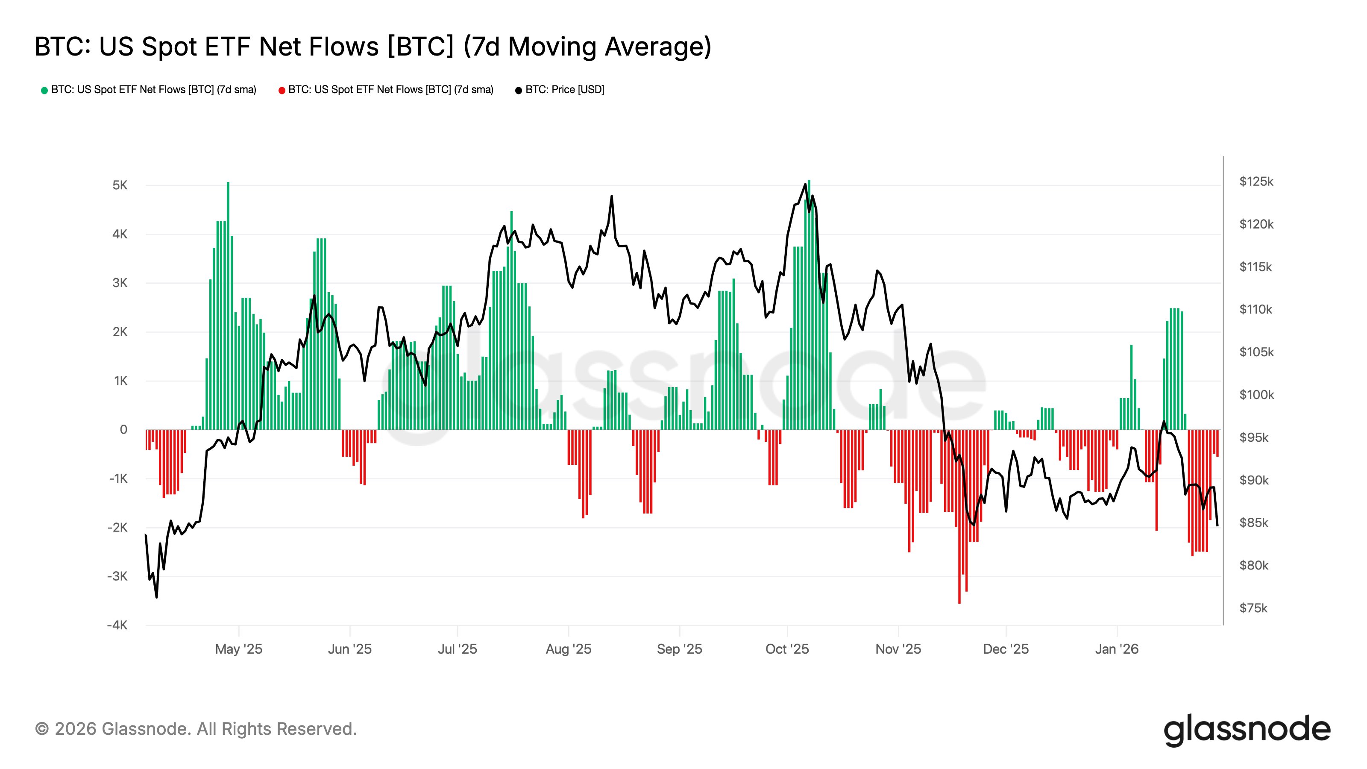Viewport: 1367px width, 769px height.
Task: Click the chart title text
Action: coord(373,47)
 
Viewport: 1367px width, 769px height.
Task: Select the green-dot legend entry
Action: coord(149,90)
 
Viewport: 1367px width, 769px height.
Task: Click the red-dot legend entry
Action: coord(386,90)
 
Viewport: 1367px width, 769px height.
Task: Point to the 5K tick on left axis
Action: coord(120,185)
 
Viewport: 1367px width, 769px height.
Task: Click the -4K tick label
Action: coord(117,625)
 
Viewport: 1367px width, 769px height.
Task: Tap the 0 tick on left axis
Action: coord(123,429)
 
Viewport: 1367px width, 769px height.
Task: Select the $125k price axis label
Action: coord(1256,182)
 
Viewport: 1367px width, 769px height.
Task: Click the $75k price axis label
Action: coord(1253,608)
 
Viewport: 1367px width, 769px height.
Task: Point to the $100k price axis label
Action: coord(1256,394)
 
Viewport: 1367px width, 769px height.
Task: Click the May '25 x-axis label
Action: coord(238,649)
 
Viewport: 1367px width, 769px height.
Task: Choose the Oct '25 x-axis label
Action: coord(786,649)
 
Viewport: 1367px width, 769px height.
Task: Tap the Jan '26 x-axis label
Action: coord(1117,649)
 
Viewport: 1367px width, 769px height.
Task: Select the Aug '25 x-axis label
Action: coord(568,649)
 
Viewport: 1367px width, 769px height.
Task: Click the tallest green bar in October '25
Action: coord(809,305)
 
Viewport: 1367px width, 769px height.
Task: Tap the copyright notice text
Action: coord(196,729)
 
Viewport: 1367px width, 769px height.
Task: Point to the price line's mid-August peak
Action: coord(611,197)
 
